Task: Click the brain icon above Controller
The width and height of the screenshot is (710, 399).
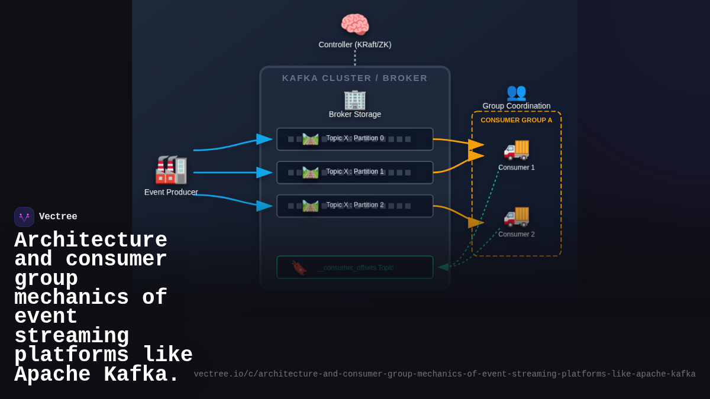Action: point(354,24)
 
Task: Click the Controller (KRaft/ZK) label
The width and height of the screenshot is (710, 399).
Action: point(354,44)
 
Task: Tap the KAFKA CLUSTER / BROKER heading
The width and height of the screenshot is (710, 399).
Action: point(354,78)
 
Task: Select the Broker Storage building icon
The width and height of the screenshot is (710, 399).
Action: point(354,99)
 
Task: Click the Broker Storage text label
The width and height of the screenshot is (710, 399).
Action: point(354,114)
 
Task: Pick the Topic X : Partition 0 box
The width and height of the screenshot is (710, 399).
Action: point(354,139)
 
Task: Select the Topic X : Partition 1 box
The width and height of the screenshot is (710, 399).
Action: point(354,172)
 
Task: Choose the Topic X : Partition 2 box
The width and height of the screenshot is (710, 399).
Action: point(354,206)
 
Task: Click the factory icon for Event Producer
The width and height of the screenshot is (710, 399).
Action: point(171,170)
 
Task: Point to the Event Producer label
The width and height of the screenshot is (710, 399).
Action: point(171,192)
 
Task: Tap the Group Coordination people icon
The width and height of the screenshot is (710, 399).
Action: point(516,92)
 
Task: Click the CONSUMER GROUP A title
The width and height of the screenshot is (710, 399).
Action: point(516,120)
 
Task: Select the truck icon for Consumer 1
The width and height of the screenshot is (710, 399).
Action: point(516,148)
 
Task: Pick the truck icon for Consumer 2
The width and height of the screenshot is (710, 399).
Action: point(516,215)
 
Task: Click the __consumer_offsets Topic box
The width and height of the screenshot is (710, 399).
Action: point(354,267)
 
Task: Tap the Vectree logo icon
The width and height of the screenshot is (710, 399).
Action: point(24,217)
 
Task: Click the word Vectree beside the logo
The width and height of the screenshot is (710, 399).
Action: point(58,217)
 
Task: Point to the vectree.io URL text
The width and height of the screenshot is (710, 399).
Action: point(444,374)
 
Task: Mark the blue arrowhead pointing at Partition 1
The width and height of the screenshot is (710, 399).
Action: point(264,173)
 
